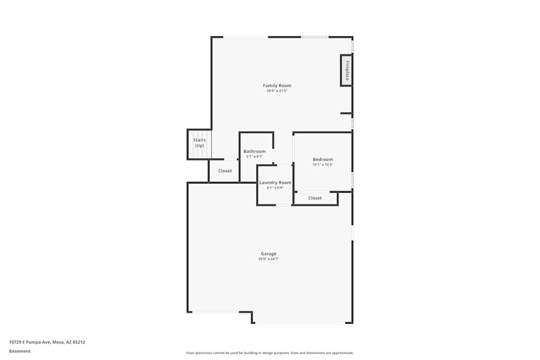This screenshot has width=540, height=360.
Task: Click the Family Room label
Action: coord(277,85)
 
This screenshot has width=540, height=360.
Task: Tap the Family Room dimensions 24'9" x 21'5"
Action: coord(277,91)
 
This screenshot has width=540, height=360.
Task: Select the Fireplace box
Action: coord(347,70)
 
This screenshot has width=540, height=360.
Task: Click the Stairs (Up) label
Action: coord(199,143)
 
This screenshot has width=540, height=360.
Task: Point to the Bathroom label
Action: coord(254,152)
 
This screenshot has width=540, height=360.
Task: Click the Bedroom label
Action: coord(323,159)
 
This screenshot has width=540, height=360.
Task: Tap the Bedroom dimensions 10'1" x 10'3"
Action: coord(323,165)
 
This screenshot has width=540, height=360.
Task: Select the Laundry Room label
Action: coord(275,182)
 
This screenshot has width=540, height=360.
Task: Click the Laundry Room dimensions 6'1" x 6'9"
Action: coord(275,188)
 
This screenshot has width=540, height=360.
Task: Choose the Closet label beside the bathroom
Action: coord(225,171)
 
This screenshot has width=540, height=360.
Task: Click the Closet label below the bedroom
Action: coord(315,198)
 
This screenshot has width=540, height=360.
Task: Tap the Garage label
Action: coord(268,254)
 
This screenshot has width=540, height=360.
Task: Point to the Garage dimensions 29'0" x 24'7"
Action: coord(268,259)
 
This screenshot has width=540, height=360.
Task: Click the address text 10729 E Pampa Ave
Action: coord(47,342)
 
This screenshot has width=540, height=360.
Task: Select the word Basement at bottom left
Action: coord(20,351)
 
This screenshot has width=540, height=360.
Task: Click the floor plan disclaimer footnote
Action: coord(269,352)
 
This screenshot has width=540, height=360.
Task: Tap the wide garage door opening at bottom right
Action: coord(300,323)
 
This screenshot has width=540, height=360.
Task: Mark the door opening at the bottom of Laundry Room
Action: coord(283,205)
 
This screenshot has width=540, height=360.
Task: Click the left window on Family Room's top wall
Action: coord(245,37)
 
